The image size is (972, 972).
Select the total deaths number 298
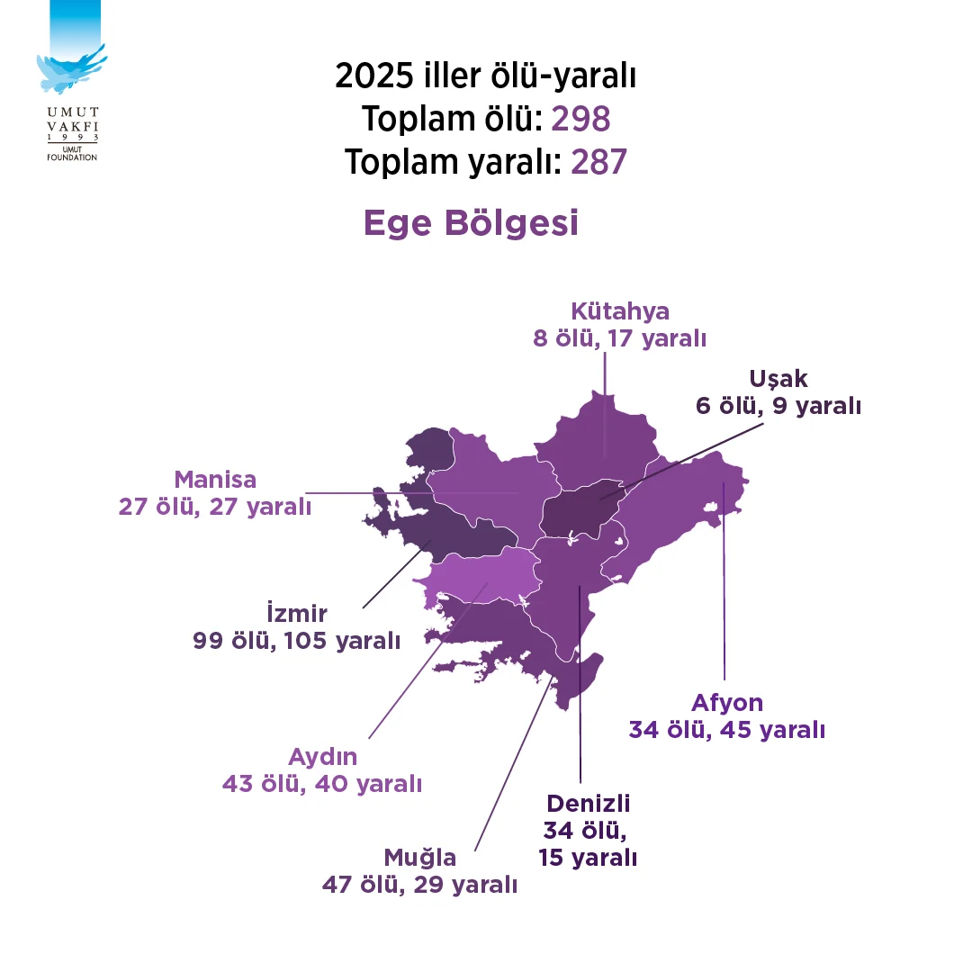coord(580,119)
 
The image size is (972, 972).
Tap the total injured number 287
coord(598,162)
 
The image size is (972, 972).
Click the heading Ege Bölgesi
coord(471,223)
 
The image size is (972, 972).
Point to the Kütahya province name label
coord(620,312)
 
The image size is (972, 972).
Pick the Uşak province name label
coord(778,379)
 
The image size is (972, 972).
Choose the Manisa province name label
coord(215,479)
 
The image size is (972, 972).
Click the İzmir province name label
coord(297,614)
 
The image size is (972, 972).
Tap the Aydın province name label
coord(322,756)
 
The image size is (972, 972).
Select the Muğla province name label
coord(420,857)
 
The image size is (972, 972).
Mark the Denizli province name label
coord(588,803)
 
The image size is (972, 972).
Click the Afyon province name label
coord(727,702)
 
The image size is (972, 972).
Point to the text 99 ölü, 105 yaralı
coord(296,641)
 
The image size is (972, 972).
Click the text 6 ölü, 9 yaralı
coord(778,406)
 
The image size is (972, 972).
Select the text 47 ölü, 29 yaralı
coord(420,885)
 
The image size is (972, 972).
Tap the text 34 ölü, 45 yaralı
coord(727,730)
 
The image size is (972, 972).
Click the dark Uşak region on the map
coord(580,512)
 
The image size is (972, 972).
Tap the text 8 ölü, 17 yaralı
coord(620,339)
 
